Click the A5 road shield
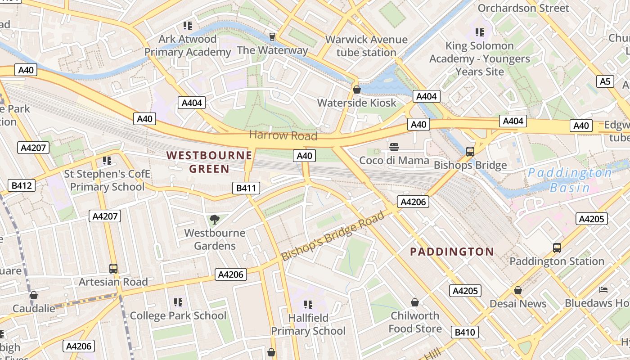coord(606,81)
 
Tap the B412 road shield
coord(22,185)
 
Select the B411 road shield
coord(246,188)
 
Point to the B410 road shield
coord(465,333)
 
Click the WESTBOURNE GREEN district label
coord(209,162)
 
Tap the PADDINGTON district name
coord(452,252)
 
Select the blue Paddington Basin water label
coord(570,180)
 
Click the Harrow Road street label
coord(283,135)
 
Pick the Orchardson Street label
coord(523,8)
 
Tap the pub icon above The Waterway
coord(272,36)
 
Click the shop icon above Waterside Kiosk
coord(357,90)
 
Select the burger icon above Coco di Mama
coord(394,147)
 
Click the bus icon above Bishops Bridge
coord(470,152)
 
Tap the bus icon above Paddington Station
coord(557,247)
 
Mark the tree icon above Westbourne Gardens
coord(215,220)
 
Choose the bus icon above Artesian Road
coord(113,269)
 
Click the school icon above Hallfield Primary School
coord(308,305)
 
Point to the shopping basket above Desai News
coord(518,290)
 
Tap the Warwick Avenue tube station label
coord(366,46)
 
